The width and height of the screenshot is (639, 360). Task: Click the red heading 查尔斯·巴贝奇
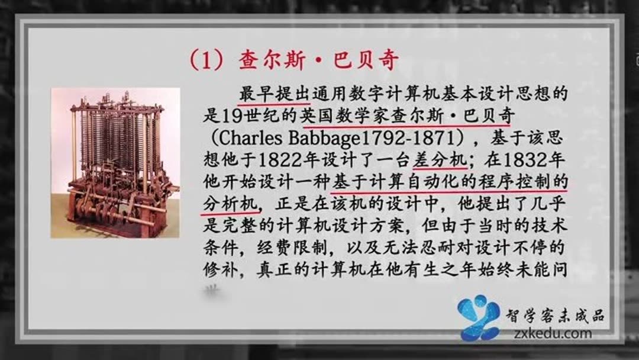click(x=319, y=60)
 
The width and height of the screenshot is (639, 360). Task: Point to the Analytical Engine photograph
click(x=115, y=163)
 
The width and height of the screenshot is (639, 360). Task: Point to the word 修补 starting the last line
click(x=216, y=269)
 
